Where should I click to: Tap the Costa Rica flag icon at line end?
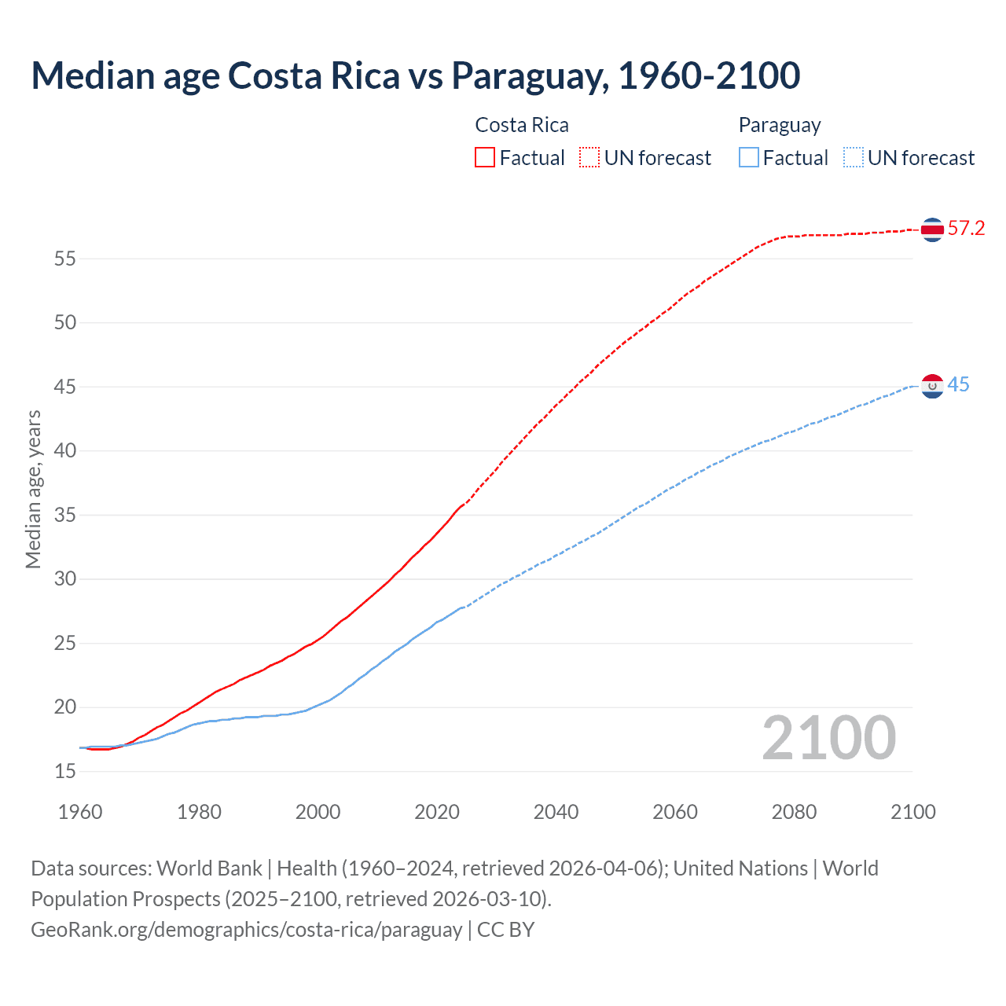pos(932,229)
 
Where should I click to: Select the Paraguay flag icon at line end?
pos(932,386)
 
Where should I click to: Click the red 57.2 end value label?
pos(966,229)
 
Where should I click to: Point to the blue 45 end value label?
pos(958,385)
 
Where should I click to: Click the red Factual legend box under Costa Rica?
pos(485,158)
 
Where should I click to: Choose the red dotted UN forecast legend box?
pos(589,158)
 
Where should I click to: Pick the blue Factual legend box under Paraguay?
pos(749,158)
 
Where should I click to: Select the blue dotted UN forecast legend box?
pos(853,158)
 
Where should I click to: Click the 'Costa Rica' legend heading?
pos(522,126)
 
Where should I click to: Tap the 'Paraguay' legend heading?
pos(780,126)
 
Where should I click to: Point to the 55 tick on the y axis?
pos(65,259)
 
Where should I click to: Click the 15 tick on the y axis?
pos(65,772)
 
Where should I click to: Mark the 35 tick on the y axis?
pos(65,516)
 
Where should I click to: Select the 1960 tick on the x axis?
pos(80,812)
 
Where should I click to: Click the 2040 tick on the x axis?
pos(556,812)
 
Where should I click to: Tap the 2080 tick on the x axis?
pos(794,812)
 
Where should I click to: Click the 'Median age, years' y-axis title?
pos(33,489)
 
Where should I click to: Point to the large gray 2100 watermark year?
pos(828,738)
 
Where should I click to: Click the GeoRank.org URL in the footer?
pos(246,930)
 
